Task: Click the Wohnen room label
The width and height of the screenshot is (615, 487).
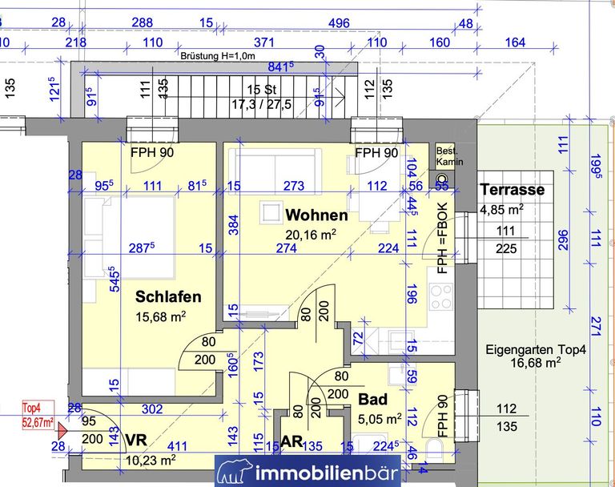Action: (x=316, y=215)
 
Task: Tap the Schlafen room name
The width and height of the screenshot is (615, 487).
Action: (x=168, y=296)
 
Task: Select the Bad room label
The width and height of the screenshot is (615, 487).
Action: (x=373, y=400)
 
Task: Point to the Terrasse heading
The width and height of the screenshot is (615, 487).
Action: (x=512, y=190)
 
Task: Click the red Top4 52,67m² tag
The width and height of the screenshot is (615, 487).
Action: (x=38, y=415)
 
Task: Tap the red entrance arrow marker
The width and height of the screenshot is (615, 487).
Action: (x=62, y=431)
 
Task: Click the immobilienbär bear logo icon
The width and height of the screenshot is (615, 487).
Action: (x=235, y=472)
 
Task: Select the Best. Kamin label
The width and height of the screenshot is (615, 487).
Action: (x=449, y=156)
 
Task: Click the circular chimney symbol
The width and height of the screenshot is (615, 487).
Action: (x=442, y=179)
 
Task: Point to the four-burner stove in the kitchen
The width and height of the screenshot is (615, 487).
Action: (x=441, y=297)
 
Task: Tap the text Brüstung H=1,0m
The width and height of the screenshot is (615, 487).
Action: (x=218, y=56)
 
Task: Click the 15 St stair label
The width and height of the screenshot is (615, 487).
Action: (x=262, y=90)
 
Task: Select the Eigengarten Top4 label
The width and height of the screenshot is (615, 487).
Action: (x=536, y=349)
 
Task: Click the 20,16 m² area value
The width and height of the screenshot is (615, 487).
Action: (x=311, y=235)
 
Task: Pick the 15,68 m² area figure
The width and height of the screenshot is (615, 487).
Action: (x=161, y=316)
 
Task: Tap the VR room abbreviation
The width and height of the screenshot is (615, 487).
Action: (x=136, y=440)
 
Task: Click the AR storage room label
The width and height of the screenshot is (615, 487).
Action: (x=292, y=441)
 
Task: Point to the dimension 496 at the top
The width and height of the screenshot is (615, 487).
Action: (x=339, y=22)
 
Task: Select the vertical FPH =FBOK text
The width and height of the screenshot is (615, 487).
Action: (x=442, y=238)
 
